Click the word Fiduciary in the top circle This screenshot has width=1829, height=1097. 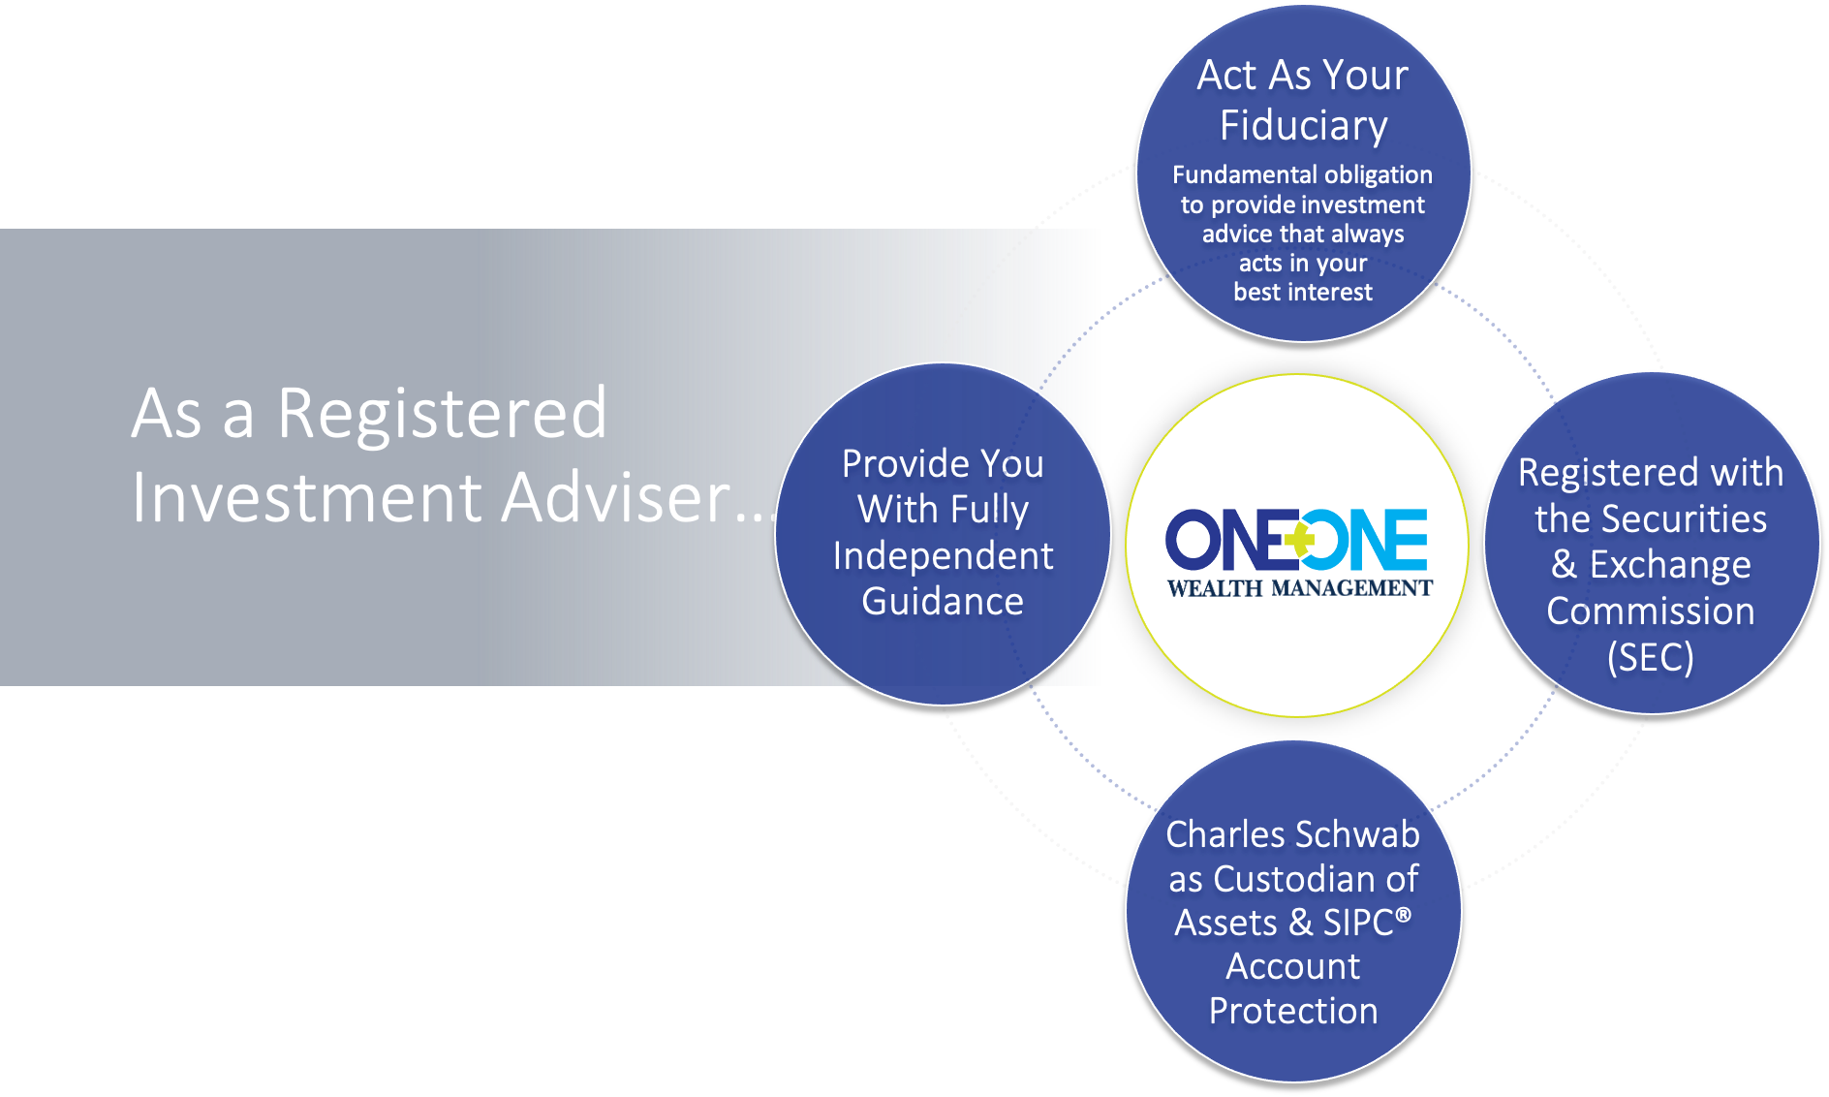tap(1303, 126)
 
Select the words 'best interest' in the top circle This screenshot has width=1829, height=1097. tap(1303, 292)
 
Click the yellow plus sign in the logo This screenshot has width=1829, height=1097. tap(1300, 540)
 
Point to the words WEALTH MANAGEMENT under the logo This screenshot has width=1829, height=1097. tap(1299, 588)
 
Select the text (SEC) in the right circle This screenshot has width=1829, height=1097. tap(1650, 658)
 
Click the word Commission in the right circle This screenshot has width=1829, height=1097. tap(1650, 611)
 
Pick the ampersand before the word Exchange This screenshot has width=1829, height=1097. tap(1564, 565)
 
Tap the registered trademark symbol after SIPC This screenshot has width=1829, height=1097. tap(1403, 914)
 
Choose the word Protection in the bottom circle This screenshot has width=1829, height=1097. tap(1293, 1011)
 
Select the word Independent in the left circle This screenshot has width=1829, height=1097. tap(943, 556)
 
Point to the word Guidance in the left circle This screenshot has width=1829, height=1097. tap(943, 602)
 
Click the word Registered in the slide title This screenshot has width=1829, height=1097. tap(442, 414)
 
